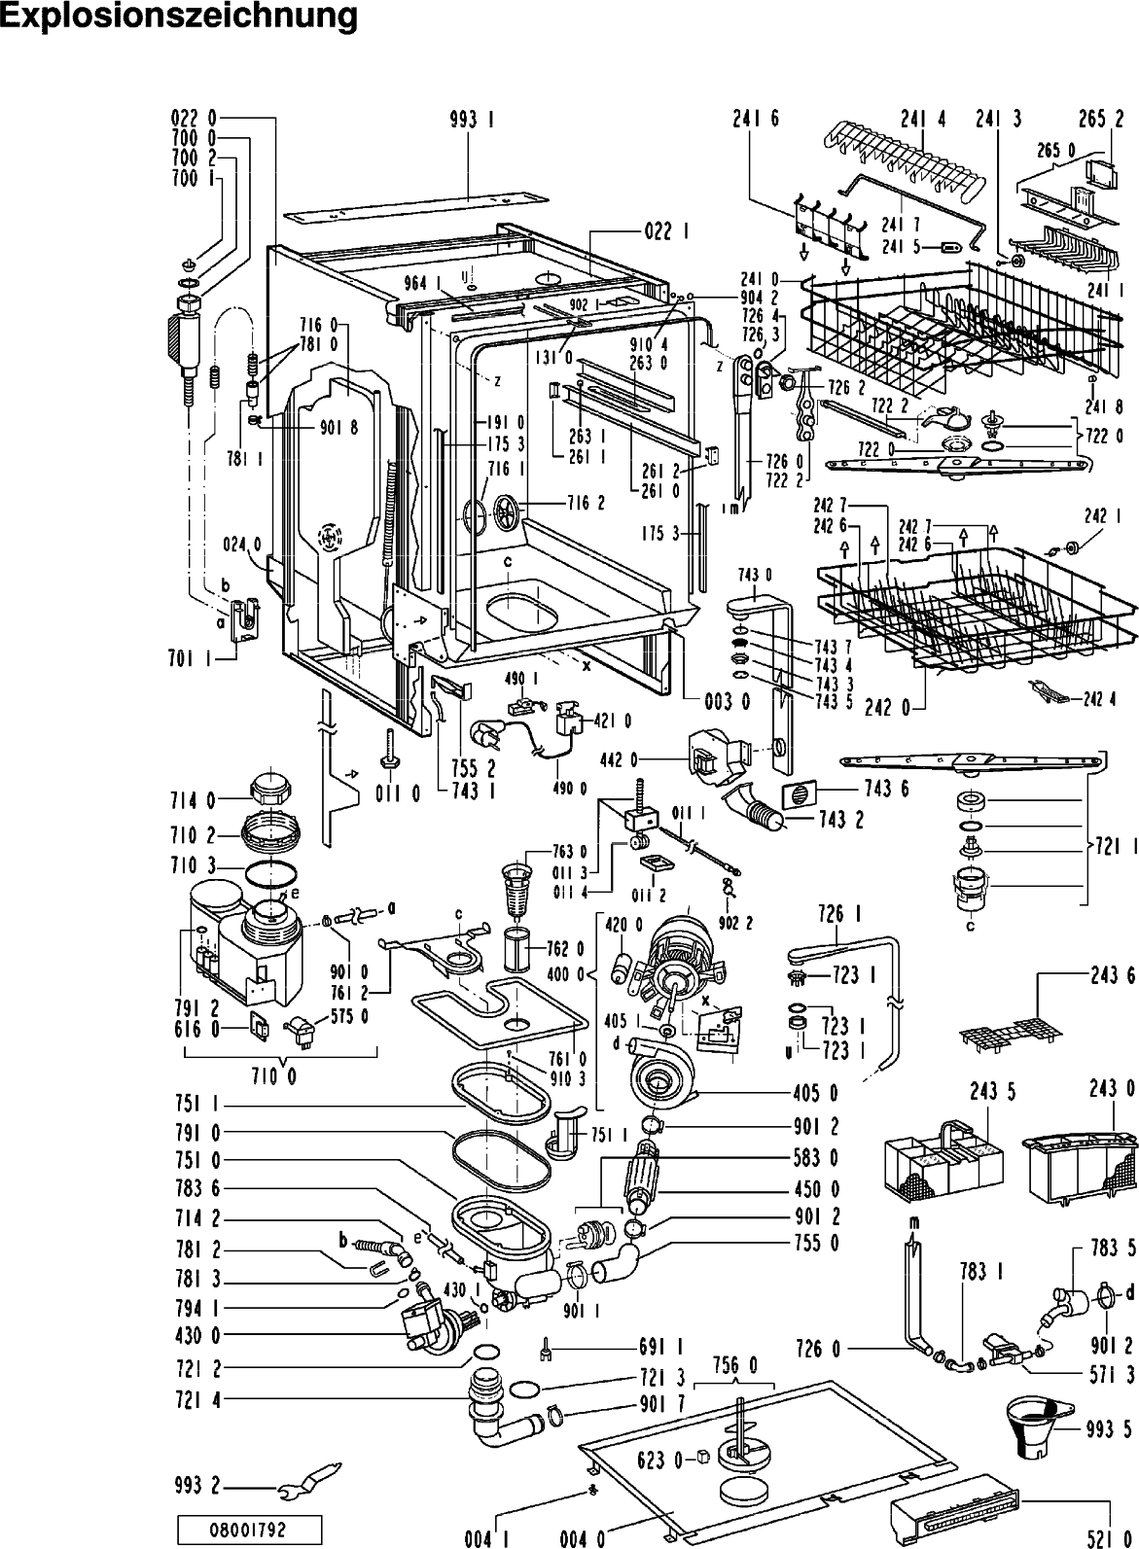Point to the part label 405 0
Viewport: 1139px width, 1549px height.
tap(815, 1094)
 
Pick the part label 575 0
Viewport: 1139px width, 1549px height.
tap(357, 1017)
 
